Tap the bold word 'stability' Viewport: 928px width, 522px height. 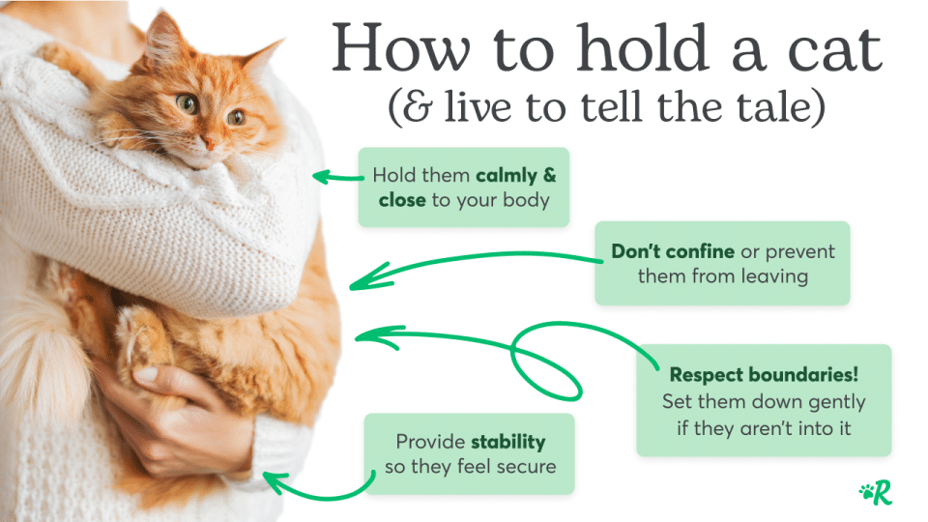click(507, 442)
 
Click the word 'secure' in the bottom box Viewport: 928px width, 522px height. click(529, 467)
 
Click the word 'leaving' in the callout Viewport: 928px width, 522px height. click(774, 276)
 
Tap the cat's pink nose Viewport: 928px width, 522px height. click(207, 141)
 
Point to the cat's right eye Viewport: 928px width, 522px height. click(235, 117)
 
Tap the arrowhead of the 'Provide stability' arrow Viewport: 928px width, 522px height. click(271, 478)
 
